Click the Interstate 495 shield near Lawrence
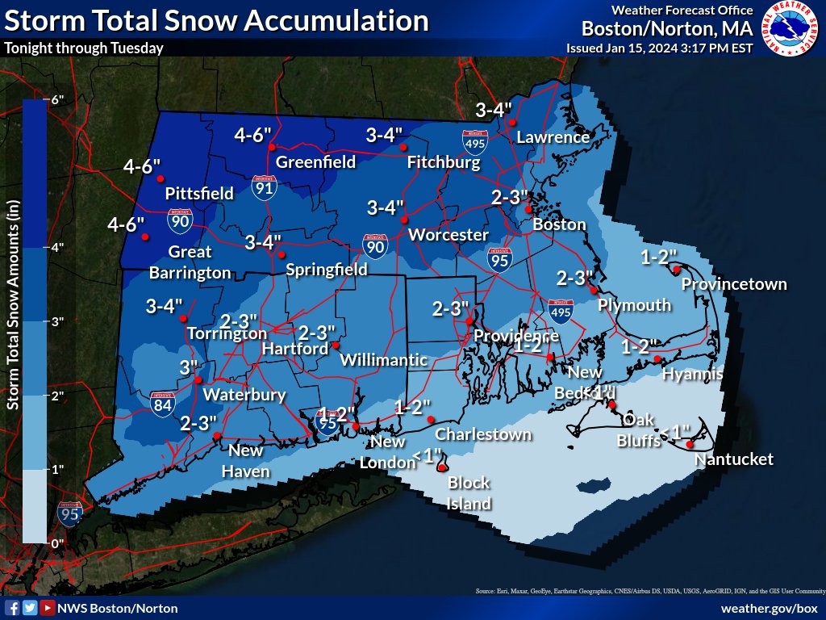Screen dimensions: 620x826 coord(474,142)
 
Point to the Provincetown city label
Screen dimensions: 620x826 coord(733,284)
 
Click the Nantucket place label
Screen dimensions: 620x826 coord(733,459)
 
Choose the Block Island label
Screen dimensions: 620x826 coord(469,493)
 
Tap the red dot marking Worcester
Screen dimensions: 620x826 coord(405,219)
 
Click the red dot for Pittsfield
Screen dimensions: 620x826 coord(160,178)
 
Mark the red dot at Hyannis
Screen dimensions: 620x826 coord(657,359)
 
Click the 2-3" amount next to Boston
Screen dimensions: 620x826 coord(509,197)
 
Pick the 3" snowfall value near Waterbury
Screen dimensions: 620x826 coord(189,367)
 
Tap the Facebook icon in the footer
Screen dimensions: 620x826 coord(12,608)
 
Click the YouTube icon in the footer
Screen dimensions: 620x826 coord(48,608)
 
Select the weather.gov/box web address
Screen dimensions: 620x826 coord(769,608)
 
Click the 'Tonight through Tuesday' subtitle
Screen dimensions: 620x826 coord(84,48)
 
